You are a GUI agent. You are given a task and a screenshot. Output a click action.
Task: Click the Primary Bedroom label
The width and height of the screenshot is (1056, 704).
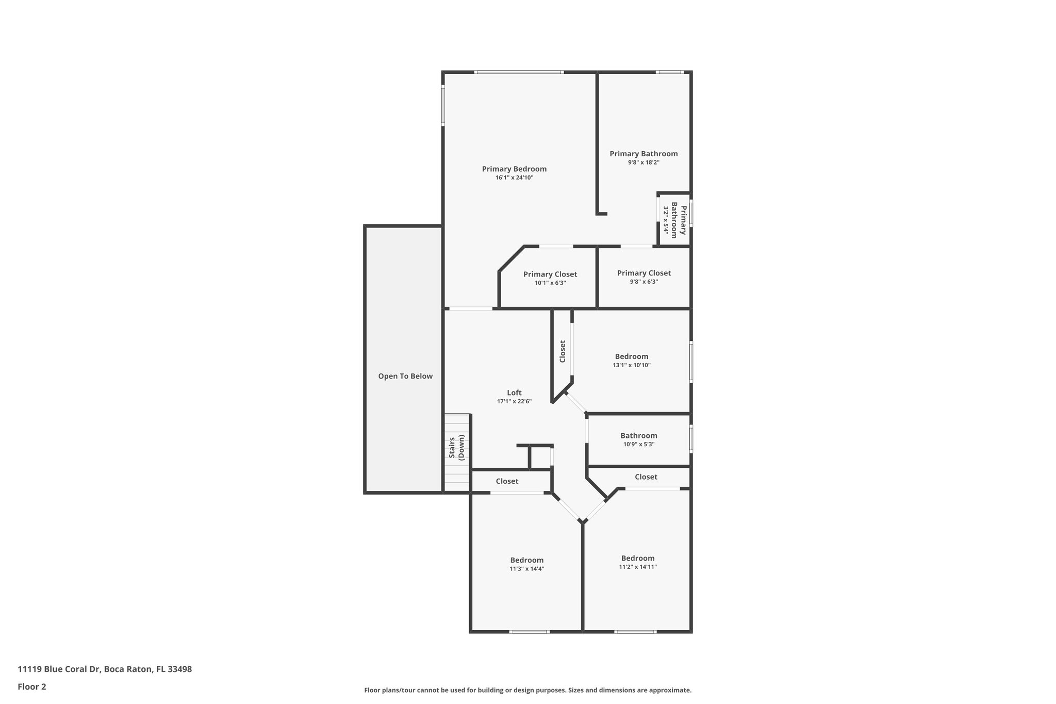pos(514,169)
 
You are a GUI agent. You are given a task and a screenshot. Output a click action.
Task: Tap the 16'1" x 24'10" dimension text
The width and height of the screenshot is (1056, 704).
pos(514,178)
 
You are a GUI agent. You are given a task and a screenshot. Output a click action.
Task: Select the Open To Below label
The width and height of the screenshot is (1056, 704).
pos(405,376)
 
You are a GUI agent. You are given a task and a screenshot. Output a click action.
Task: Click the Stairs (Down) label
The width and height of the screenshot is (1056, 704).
pos(457,447)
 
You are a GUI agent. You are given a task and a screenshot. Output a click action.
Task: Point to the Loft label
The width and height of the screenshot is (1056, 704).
pos(514,392)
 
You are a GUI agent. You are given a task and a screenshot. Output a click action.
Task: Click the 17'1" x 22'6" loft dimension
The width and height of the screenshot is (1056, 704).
pos(514,401)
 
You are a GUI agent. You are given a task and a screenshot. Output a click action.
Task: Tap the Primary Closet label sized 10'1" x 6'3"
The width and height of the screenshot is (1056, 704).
pos(550,274)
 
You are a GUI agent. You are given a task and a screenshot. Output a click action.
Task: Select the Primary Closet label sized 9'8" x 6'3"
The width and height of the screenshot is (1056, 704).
pos(644,273)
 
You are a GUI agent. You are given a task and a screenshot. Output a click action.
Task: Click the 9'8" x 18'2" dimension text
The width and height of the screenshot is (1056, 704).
pos(643,162)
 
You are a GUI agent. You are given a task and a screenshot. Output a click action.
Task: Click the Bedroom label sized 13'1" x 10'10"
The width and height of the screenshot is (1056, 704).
pos(632,356)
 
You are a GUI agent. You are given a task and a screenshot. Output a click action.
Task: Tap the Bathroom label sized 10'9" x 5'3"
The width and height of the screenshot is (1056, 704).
pos(639,435)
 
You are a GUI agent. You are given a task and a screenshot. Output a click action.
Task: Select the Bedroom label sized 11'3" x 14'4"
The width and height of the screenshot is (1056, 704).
pos(527,560)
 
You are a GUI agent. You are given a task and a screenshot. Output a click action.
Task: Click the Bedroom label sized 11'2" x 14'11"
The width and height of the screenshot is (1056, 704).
pos(638,558)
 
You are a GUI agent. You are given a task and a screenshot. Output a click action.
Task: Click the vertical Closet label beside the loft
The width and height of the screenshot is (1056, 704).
pos(563,351)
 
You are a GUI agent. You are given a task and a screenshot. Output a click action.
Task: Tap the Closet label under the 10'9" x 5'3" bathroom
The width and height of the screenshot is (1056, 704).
pos(646,477)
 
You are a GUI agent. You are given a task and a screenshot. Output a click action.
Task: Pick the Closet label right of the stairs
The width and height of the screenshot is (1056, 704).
pos(507,481)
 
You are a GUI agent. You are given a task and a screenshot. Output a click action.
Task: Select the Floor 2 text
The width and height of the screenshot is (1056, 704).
pos(32,686)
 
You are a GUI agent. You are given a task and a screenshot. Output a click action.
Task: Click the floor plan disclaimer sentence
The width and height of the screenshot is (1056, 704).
pos(527,690)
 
